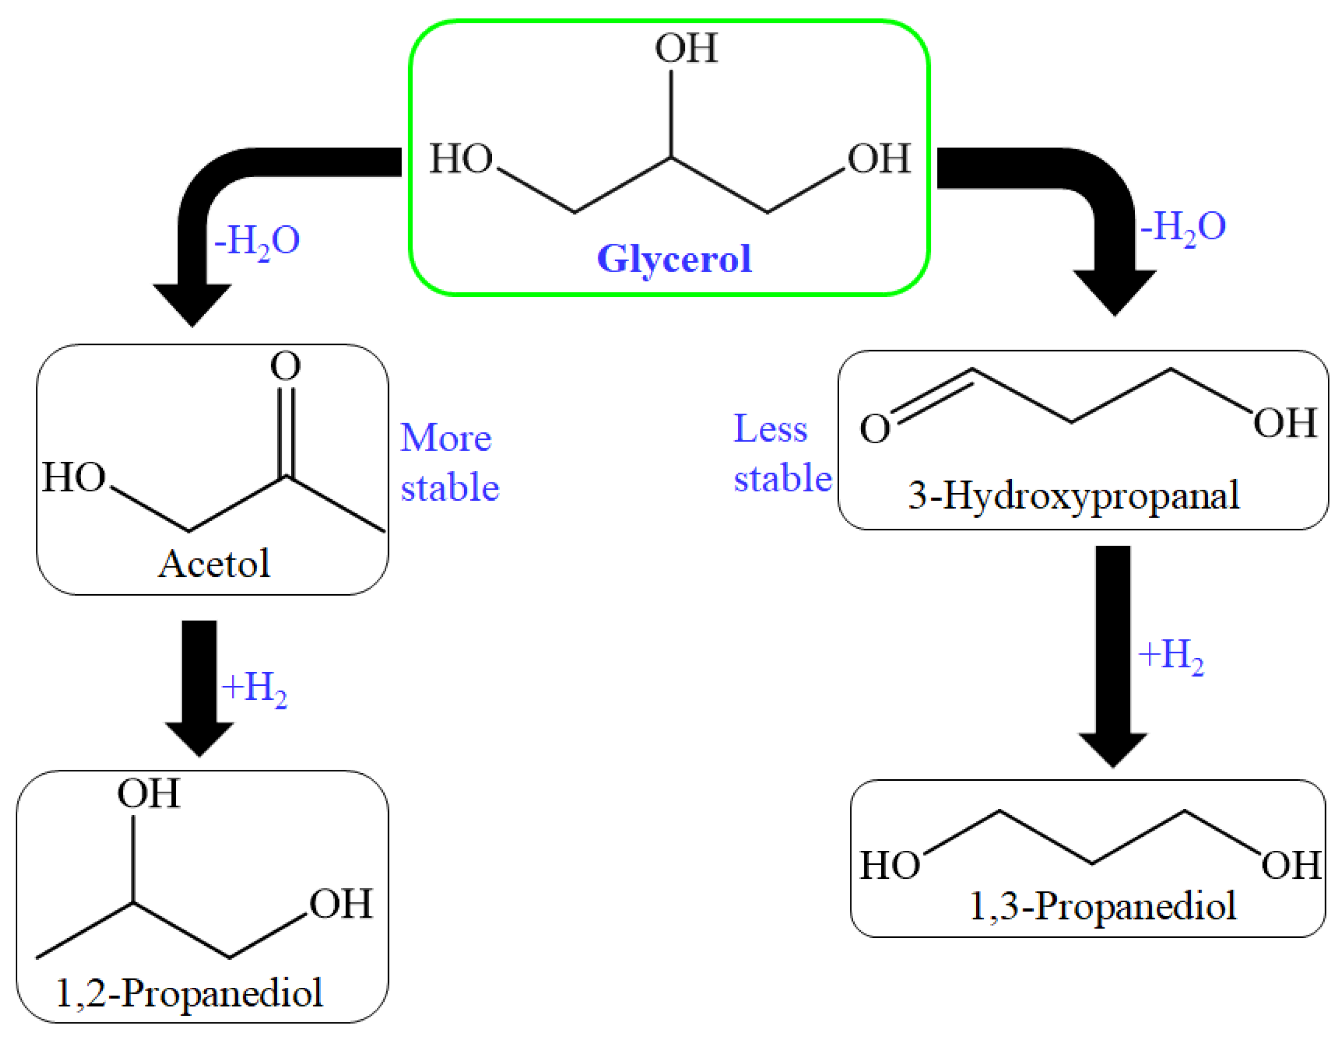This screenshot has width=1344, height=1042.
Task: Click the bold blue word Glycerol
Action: coord(674,258)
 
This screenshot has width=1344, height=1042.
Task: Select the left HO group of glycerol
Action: coord(461,159)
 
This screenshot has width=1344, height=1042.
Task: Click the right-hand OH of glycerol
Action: coord(879,159)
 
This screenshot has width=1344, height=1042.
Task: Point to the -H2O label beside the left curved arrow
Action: coord(257,241)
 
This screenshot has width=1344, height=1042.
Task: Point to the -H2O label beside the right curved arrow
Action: coord(1183,227)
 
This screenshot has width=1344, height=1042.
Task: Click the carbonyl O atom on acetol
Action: coord(286,366)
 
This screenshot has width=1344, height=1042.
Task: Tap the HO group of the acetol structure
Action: coord(74,477)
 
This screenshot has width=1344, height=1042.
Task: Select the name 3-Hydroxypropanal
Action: coord(1073,495)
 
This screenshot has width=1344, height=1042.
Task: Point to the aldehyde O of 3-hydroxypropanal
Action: coord(874,428)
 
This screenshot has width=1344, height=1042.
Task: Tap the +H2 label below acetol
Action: coord(254,688)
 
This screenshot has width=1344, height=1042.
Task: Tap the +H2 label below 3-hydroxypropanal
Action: coord(1171,656)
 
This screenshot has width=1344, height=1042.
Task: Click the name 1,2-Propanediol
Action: coord(189,992)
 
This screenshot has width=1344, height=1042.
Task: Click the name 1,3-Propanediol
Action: coord(1102,906)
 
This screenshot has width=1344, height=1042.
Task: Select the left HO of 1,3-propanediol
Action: coord(889,865)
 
